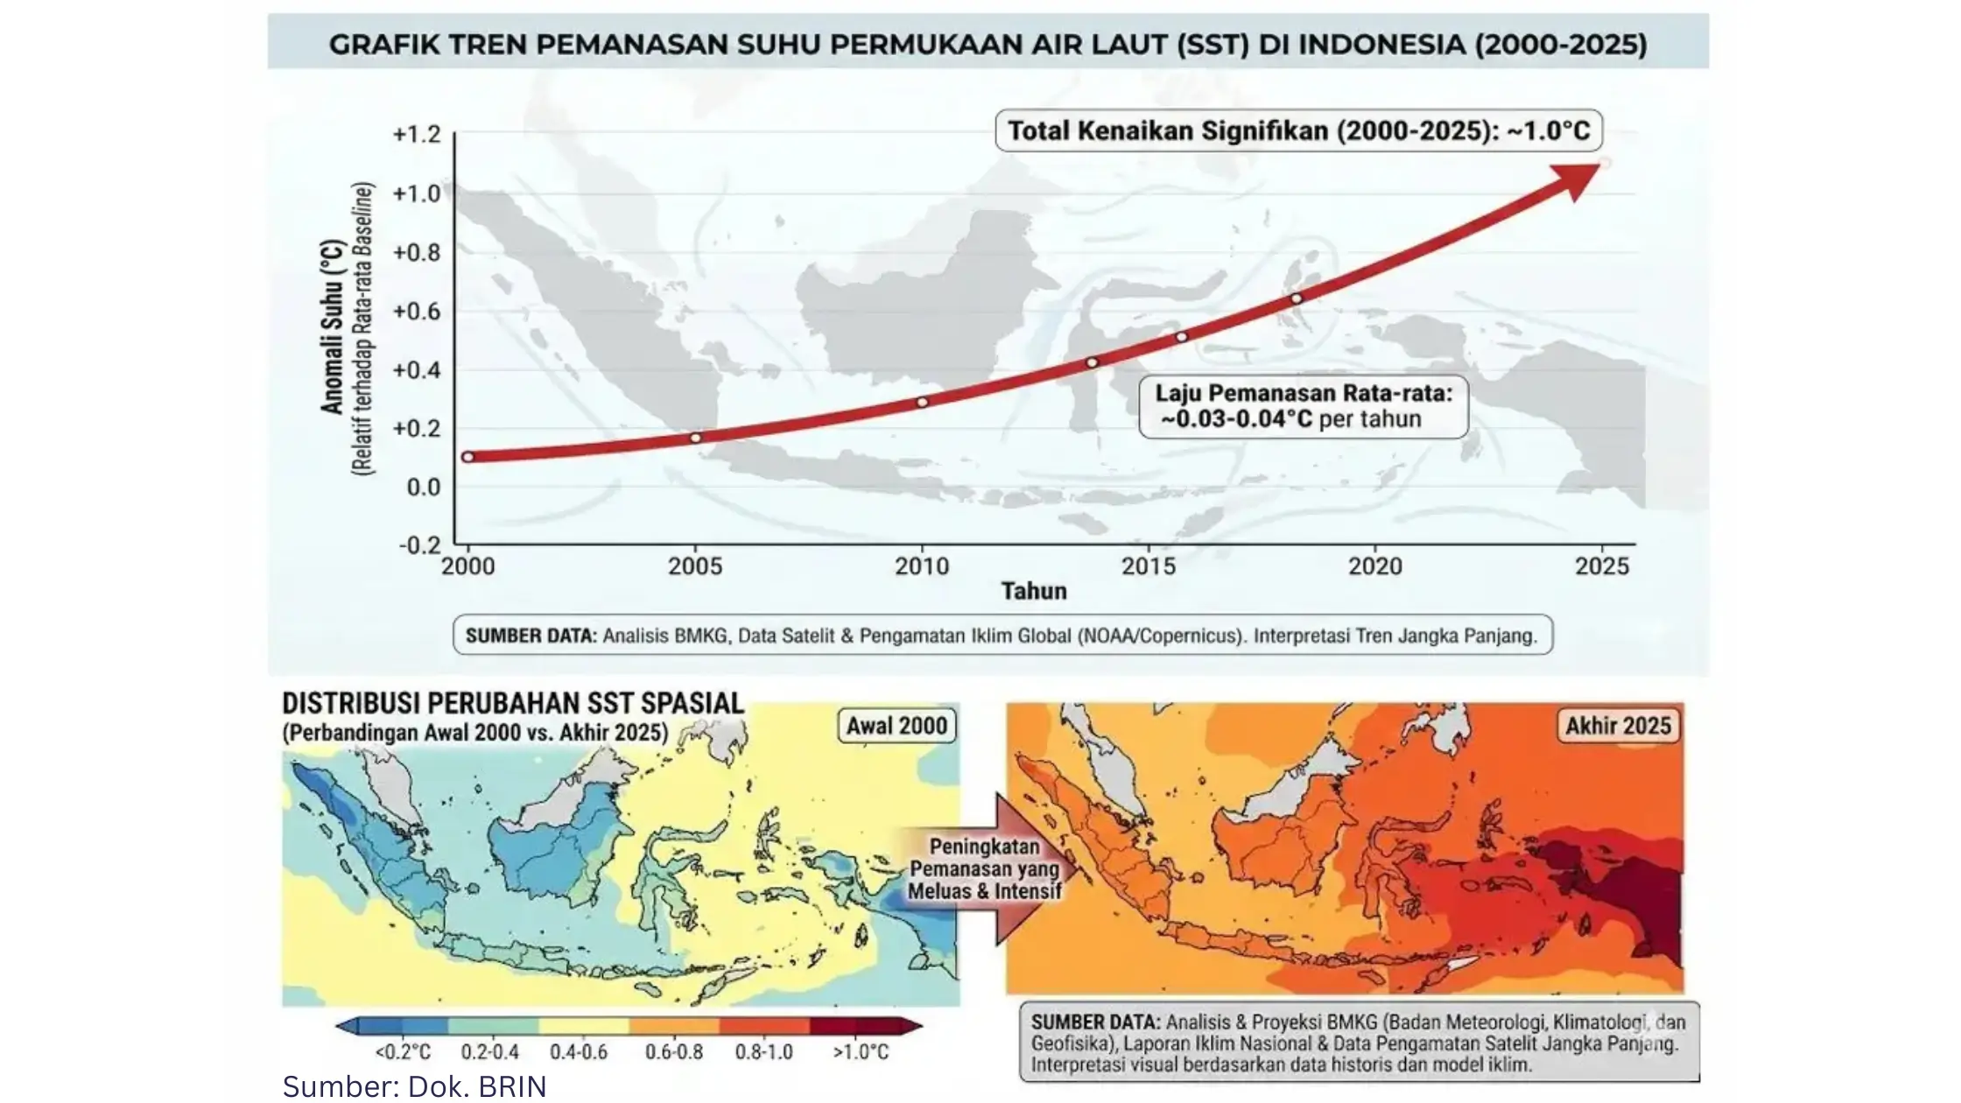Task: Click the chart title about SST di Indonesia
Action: tap(988, 44)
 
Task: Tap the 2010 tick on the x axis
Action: tap(922, 566)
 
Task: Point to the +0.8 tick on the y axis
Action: tap(417, 252)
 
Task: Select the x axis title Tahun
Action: tap(1034, 592)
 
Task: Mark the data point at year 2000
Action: tap(467, 457)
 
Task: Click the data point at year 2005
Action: tap(695, 438)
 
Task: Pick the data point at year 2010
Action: tap(922, 403)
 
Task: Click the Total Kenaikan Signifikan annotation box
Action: tap(1298, 131)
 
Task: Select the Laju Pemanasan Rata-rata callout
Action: tap(1304, 406)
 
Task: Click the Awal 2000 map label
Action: tap(896, 726)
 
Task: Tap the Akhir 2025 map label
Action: tap(1618, 726)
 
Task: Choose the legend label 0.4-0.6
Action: tap(579, 1051)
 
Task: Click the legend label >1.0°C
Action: tap(861, 1051)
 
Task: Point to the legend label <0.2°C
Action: tap(403, 1051)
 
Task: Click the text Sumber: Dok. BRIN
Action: tap(414, 1086)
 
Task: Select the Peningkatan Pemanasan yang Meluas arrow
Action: tap(986, 868)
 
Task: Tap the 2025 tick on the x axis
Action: tap(1602, 566)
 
